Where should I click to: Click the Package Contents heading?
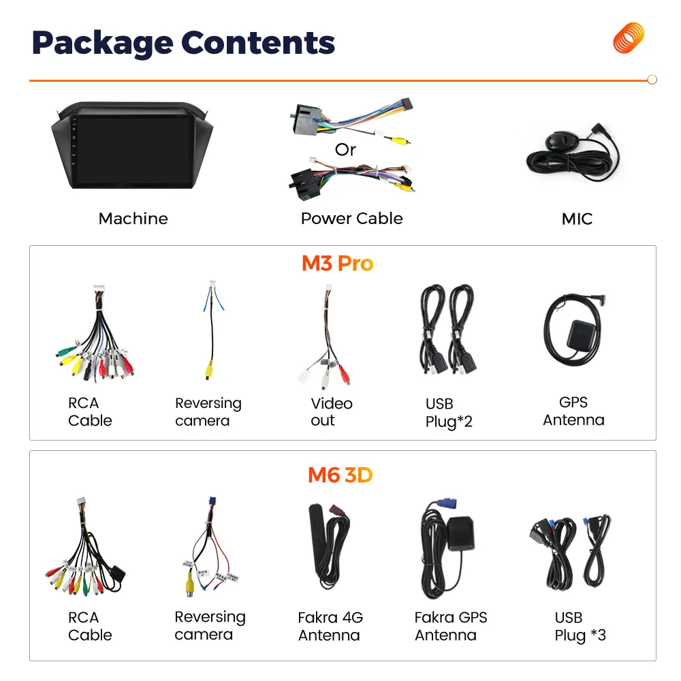pos(183,42)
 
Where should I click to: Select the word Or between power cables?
pos(345,149)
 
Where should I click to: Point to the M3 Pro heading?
pos(338,263)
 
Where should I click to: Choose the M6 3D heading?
pos(340,475)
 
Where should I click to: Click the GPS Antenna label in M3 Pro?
pos(573,411)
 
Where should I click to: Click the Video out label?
pos(331,412)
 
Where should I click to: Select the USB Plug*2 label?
pos(448,413)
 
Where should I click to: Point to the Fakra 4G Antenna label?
pos(330,627)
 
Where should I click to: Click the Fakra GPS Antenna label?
pos(450,627)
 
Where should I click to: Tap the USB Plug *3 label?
pos(580,627)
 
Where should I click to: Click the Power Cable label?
pos(351,219)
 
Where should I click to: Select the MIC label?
pos(576,219)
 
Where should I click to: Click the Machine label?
pos(133,219)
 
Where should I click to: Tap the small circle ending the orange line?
pos(652,80)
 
